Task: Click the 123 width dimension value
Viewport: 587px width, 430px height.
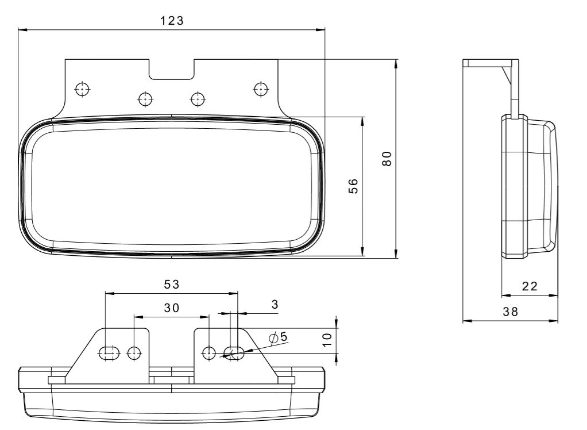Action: (x=172, y=21)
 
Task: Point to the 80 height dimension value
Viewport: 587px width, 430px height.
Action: (x=387, y=159)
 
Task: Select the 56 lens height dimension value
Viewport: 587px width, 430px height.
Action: (x=353, y=186)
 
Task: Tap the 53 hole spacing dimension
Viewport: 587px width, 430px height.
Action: (x=172, y=285)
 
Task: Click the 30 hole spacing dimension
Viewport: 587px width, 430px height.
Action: (x=172, y=308)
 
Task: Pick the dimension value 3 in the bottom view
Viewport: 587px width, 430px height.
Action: (x=275, y=305)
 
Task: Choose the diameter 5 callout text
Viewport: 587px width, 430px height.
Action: (x=279, y=337)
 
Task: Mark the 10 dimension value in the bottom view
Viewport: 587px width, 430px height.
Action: (x=327, y=340)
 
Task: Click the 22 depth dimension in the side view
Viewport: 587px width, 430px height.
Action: (x=530, y=286)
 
